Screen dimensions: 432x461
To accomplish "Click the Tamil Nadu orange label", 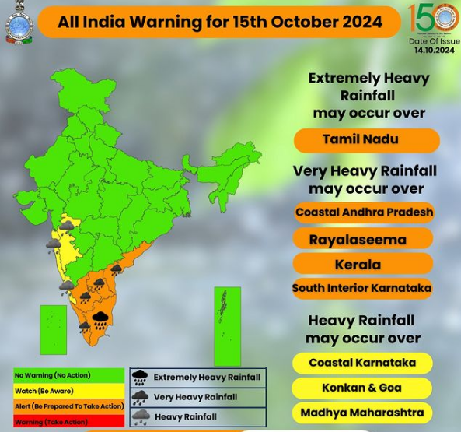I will (x=366, y=141).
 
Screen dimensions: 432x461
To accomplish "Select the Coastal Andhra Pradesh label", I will (x=364, y=212).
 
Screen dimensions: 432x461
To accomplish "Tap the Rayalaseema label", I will (x=364, y=239).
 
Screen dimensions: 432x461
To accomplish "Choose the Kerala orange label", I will (x=364, y=264).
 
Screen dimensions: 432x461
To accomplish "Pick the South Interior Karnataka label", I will (x=362, y=288).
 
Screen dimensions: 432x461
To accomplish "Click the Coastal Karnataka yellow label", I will (x=362, y=363).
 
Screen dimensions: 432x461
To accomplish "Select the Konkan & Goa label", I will (x=362, y=388).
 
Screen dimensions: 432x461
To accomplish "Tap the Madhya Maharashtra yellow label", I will (x=362, y=412).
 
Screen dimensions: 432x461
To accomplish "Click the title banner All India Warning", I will (x=220, y=21).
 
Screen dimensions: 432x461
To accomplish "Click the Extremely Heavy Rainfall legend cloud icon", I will (x=140, y=378).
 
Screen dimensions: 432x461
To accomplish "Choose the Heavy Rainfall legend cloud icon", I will (x=140, y=416).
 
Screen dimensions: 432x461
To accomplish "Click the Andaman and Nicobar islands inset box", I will (x=228, y=325).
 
